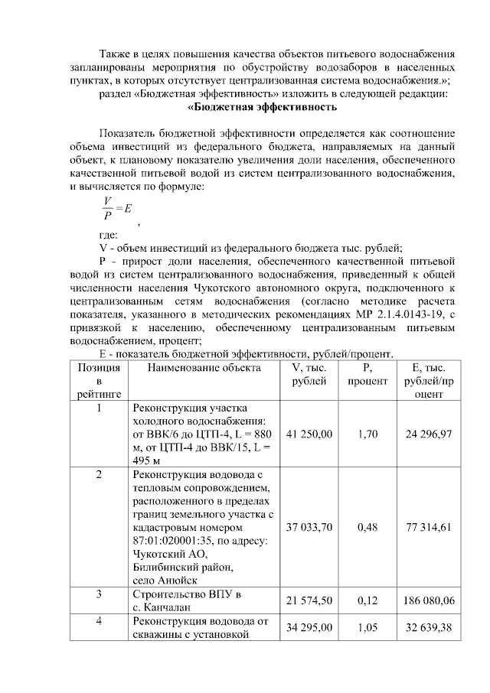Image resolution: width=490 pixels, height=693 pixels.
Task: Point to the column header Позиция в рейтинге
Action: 98,380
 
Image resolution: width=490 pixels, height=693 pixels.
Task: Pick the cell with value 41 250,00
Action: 309,434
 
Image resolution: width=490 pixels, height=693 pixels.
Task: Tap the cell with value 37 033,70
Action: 309,527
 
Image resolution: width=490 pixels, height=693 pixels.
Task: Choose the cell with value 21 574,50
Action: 309,601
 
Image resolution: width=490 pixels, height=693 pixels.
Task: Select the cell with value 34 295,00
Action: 309,627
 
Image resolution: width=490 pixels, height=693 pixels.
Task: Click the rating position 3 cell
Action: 98,594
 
